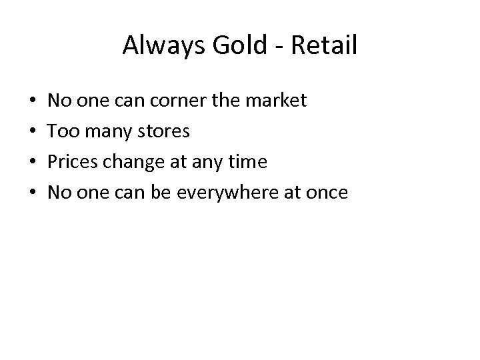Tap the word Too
pyautogui.click(x=62, y=132)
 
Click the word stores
pyautogui.click(x=162, y=132)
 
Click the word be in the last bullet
pyautogui.click(x=168, y=193)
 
